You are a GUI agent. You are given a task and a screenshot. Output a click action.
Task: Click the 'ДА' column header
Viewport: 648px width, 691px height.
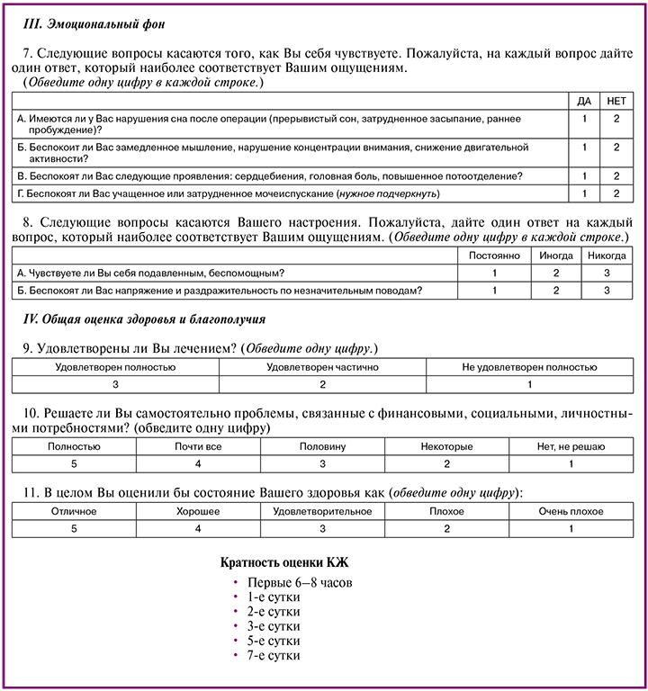click(x=584, y=100)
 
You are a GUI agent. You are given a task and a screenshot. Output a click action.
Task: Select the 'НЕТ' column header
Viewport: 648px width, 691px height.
click(x=617, y=100)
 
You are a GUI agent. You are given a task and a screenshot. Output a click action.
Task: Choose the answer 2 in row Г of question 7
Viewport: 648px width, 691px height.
click(x=617, y=193)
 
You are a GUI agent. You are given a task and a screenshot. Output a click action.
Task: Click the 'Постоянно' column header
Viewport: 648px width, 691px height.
click(x=494, y=255)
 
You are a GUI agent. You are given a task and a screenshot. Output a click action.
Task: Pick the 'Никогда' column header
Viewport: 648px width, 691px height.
click(x=607, y=255)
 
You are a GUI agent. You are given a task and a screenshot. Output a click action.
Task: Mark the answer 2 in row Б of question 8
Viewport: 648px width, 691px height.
click(x=556, y=290)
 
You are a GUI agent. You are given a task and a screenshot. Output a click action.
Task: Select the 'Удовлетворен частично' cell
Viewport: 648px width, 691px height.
click(x=323, y=367)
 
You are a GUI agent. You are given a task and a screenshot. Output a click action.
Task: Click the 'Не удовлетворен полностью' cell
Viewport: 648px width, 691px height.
click(x=529, y=367)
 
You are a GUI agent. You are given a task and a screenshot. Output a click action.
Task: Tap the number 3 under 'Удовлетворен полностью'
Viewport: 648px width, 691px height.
click(x=116, y=384)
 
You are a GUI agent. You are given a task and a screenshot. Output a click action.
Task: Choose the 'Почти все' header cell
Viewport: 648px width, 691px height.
click(x=199, y=446)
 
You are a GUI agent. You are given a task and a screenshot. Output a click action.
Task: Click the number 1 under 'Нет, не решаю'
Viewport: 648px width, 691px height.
click(x=571, y=463)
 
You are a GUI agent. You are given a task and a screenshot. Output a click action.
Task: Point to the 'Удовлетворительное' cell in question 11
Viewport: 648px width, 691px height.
click(x=322, y=511)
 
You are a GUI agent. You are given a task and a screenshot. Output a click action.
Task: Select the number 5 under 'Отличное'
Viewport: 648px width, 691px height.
click(x=74, y=528)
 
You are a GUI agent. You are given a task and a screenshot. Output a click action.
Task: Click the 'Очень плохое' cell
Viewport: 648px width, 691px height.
click(x=571, y=511)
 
